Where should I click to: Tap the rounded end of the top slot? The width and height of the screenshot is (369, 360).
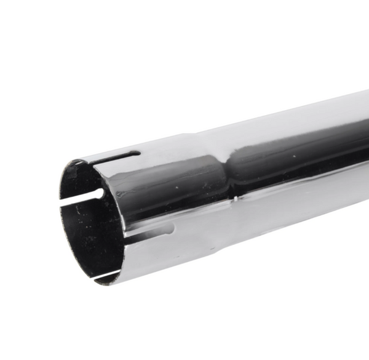click(x=138, y=153)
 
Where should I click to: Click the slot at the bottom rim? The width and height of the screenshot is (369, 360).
click(x=107, y=274)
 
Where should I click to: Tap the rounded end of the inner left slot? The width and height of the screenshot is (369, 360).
click(x=98, y=192)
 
